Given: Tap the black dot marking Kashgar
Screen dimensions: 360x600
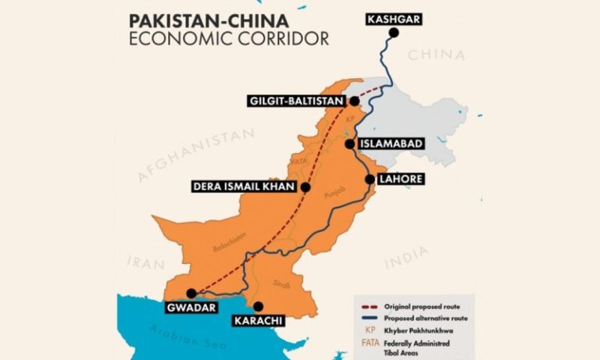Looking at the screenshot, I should pyautogui.click(x=394, y=33).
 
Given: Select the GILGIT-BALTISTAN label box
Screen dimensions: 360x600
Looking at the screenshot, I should pyautogui.click(x=295, y=102).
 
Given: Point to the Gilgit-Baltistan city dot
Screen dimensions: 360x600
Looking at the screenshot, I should pyautogui.click(x=354, y=101).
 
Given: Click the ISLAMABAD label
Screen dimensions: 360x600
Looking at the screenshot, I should pyautogui.click(x=392, y=144).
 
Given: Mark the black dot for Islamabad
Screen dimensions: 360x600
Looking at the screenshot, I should pyautogui.click(x=349, y=144).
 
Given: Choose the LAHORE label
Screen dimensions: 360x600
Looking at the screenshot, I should pyautogui.click(x=401, y=179).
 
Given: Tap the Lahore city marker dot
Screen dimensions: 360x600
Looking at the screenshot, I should pyautogui.click(x=370, y=179).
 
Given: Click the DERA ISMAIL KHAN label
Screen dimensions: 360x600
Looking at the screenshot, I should pyautogui.click(x=244, y=187).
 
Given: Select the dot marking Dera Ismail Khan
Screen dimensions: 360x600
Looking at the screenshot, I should pyautogui.click(x=305, y=187).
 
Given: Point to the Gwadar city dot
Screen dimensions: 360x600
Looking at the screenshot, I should pyautogui.click(x=191, y=294).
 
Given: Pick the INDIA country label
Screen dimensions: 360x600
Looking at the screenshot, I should pyautogui.click(x=406, y=255).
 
